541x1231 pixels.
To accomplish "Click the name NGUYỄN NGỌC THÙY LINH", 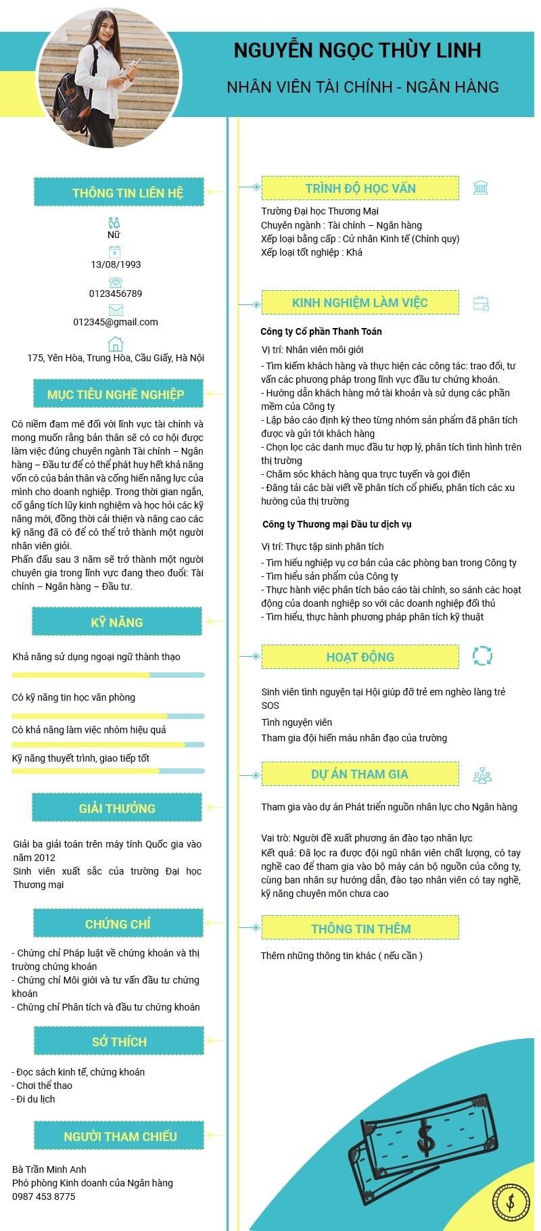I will [357, 50].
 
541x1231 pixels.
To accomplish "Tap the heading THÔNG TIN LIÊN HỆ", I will [127, 193].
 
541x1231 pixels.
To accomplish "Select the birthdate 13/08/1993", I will [116, 264].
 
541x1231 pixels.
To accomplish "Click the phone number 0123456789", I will [116, 294].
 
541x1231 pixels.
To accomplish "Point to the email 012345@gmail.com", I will [116, 322].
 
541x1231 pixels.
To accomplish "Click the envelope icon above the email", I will [116, 310].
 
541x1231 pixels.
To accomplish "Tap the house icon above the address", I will [116, 344].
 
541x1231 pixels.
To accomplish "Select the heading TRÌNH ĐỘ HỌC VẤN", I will [360, 188].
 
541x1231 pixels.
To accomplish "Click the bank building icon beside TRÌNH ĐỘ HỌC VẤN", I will [481, 188].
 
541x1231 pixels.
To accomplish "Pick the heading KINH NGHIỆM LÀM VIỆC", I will [360, 302].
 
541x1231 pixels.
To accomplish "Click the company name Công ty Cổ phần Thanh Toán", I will [321, 331].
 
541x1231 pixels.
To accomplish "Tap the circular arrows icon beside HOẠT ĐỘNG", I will [482, 655].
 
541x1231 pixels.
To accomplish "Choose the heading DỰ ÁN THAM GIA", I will [360, 774].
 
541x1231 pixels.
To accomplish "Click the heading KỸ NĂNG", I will [117, 622].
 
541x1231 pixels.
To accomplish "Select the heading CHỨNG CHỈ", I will [118, 924].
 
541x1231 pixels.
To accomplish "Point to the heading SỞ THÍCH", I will [119, 1042].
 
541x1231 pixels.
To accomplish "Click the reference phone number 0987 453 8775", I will [44, 1197].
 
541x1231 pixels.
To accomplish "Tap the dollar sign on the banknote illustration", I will [425, 1138].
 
